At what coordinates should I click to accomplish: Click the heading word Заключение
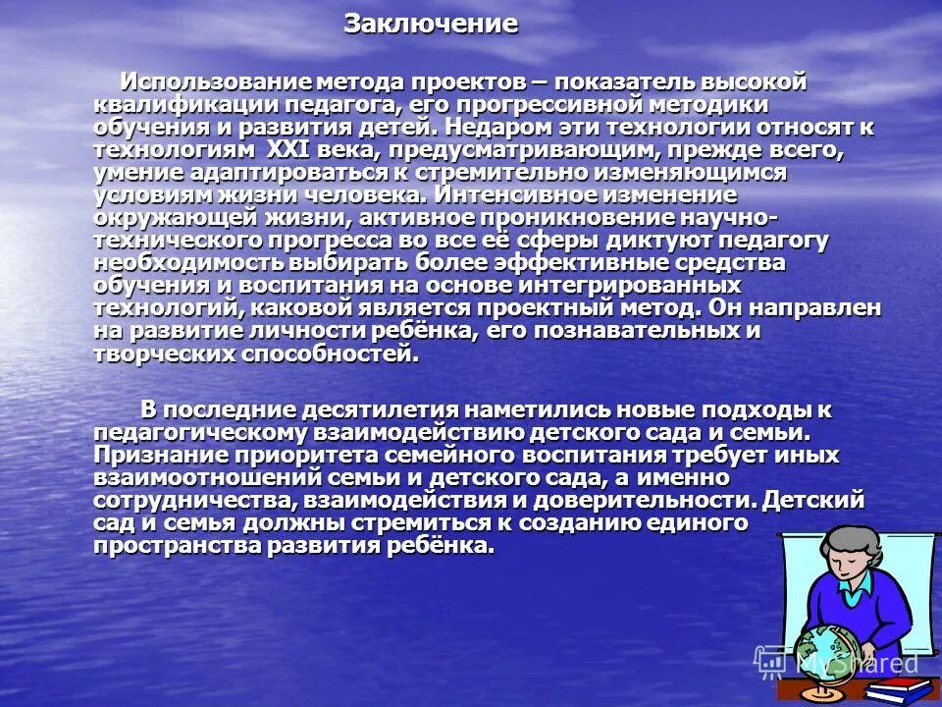point(430,25)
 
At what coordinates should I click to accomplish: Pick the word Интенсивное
point(526,194)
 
